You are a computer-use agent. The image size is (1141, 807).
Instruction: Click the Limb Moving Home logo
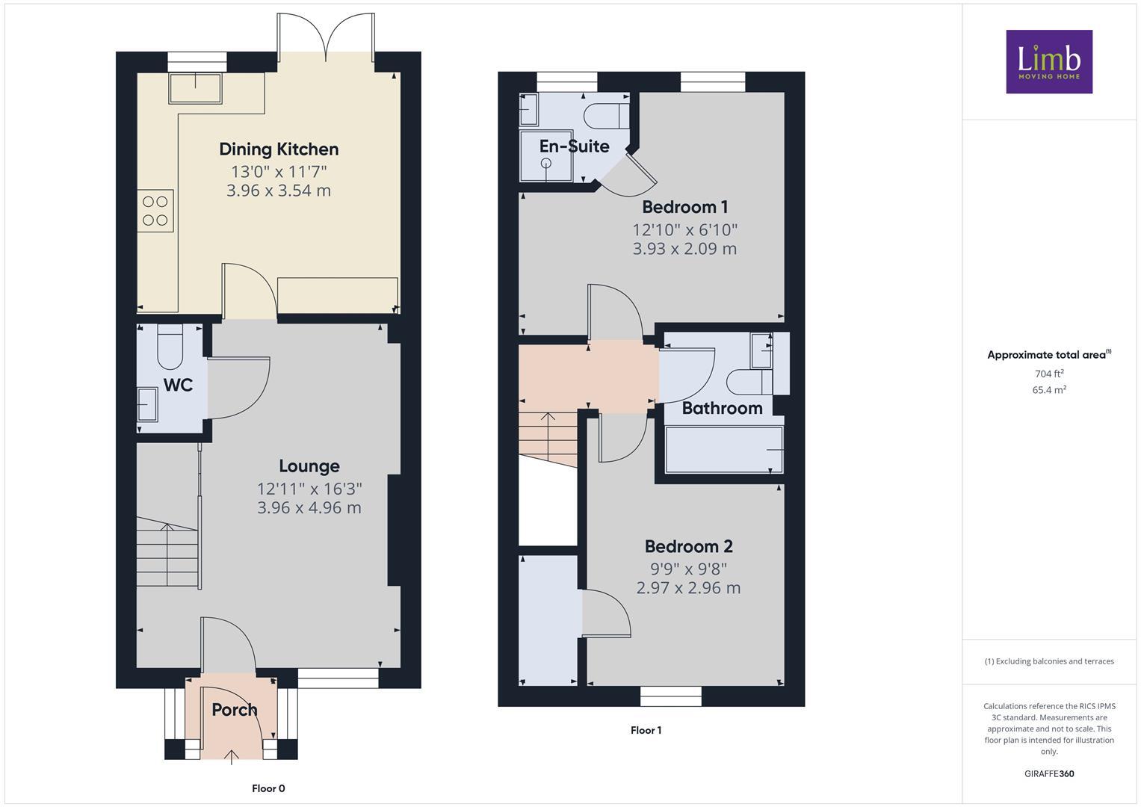click(1048, 61)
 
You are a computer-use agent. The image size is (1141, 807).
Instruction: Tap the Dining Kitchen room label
click(279, 149)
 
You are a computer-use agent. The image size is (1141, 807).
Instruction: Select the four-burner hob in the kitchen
click(155, 211)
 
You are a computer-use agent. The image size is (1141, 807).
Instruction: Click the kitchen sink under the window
click(195, 87)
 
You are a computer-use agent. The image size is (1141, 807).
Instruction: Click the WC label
click(178, 385)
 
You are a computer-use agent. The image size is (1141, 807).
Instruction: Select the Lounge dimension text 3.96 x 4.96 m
click(309, 508)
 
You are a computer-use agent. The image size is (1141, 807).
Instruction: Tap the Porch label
click(234, 710)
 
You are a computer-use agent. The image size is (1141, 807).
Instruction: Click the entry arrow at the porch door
click(232, 756)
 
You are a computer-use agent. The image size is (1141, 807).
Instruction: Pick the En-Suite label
click(574, 146)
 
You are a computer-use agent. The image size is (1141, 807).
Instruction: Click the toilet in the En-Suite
click(603, 116)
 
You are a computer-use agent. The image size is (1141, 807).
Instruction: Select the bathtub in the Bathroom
click(723, 450)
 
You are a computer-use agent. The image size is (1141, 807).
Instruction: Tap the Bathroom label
click(722, 408)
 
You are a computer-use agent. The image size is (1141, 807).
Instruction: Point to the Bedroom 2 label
click(688, 546)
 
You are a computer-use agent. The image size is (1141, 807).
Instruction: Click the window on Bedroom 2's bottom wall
click(670, 696)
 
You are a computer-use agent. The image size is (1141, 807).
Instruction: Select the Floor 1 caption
click(646, 731)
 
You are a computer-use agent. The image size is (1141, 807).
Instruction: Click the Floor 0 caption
click(268, 788)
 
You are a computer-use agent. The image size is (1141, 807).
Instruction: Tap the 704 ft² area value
click(1048, 374)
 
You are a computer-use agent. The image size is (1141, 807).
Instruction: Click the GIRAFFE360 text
click(1048, 774)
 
